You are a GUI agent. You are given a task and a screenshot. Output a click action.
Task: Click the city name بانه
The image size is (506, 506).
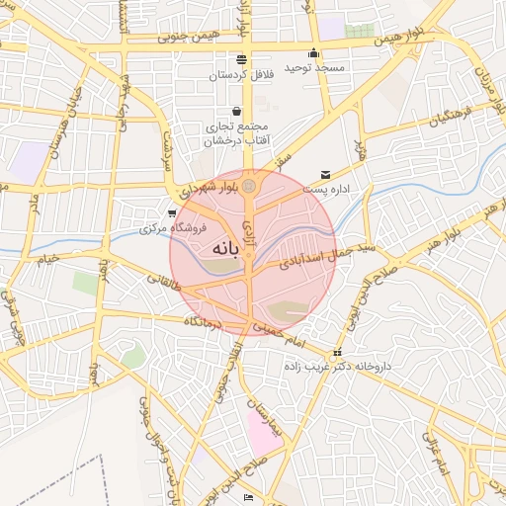226,250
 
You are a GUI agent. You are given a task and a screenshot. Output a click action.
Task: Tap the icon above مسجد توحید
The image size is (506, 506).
314,53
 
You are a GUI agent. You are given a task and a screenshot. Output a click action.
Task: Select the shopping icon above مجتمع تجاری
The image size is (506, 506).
235,111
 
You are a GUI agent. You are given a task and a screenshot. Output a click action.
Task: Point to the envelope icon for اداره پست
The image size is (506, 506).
325,175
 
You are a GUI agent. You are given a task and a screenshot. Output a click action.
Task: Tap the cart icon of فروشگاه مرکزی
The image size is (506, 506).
173,213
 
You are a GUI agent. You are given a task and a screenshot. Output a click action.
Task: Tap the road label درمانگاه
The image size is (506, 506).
204,321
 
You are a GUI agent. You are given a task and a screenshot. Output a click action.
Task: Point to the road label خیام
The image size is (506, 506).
47,259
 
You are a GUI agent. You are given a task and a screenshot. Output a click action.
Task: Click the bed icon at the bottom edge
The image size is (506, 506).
248,497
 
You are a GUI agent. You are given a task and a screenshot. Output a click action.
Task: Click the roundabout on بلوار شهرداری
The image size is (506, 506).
250,185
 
